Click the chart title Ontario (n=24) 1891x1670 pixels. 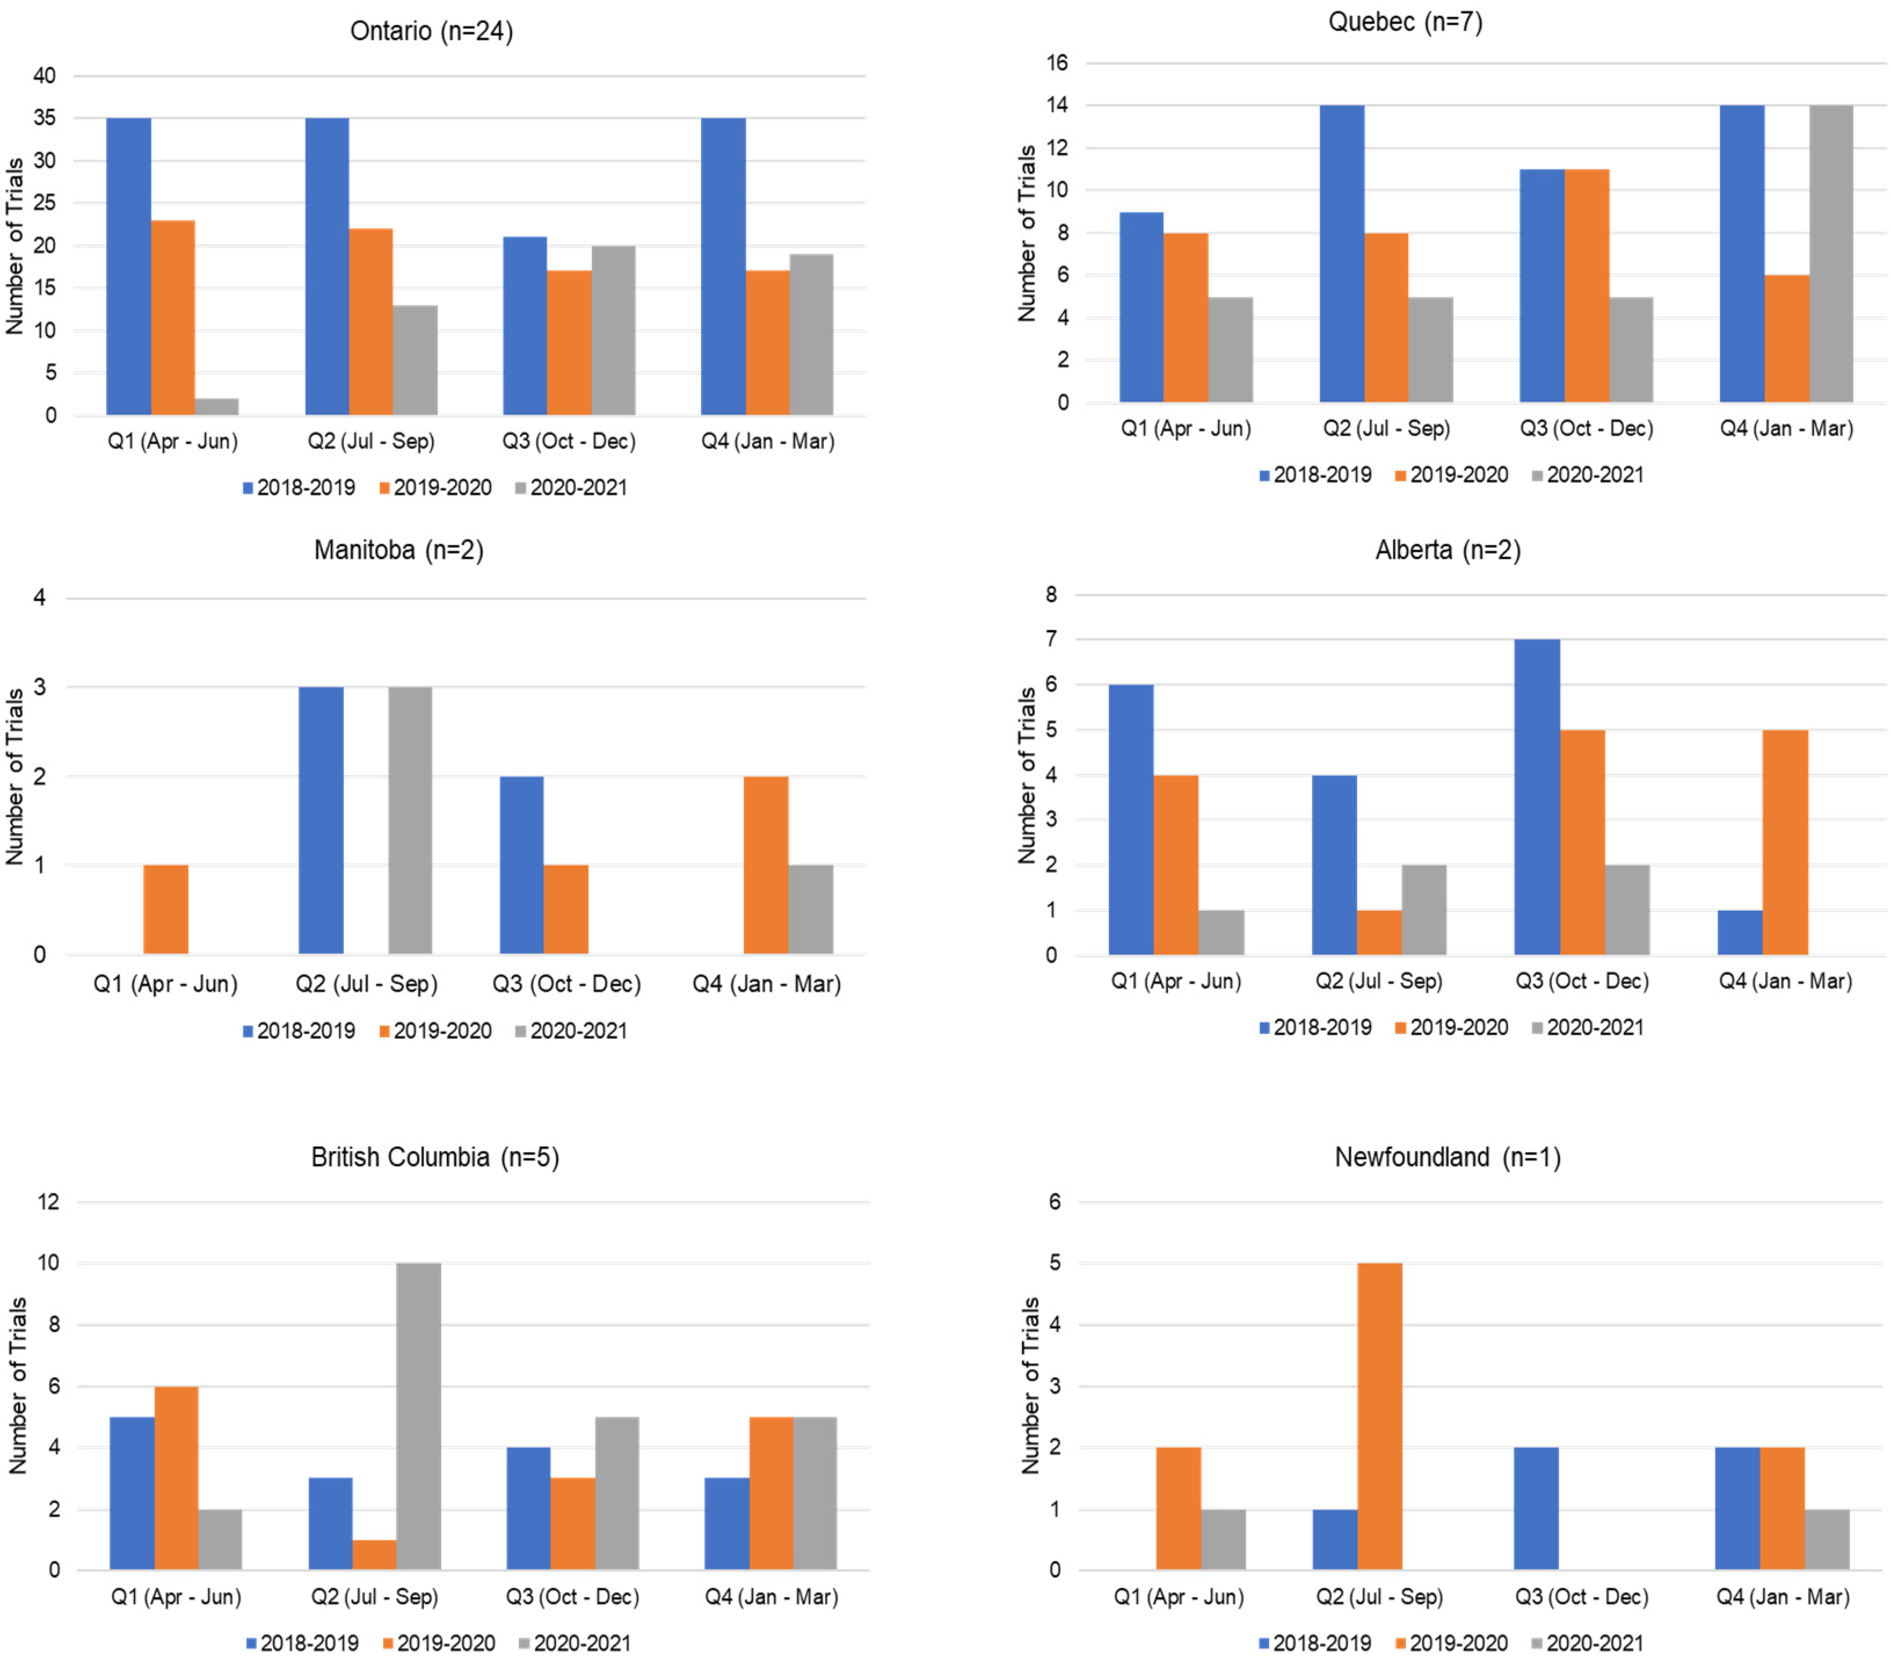coord(431,31)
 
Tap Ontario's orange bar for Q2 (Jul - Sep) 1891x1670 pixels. coord(371,321)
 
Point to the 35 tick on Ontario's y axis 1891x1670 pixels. coord(45,118)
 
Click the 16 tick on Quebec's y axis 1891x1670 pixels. coord(1057,63)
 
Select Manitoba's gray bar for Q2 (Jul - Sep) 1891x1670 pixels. coord(410,820)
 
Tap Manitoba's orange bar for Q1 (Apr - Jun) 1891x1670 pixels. coord(166,909)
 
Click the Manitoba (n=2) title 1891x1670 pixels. coord(399,550)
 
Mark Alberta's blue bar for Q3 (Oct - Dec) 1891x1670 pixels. coord(1537,797)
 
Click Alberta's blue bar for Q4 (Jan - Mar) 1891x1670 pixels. coord(1740,932)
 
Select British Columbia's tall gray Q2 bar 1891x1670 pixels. coord(419,1417)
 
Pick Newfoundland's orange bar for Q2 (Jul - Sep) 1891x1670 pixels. coord(1380,1417)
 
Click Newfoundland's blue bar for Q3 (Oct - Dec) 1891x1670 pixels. coord(1537,1509)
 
